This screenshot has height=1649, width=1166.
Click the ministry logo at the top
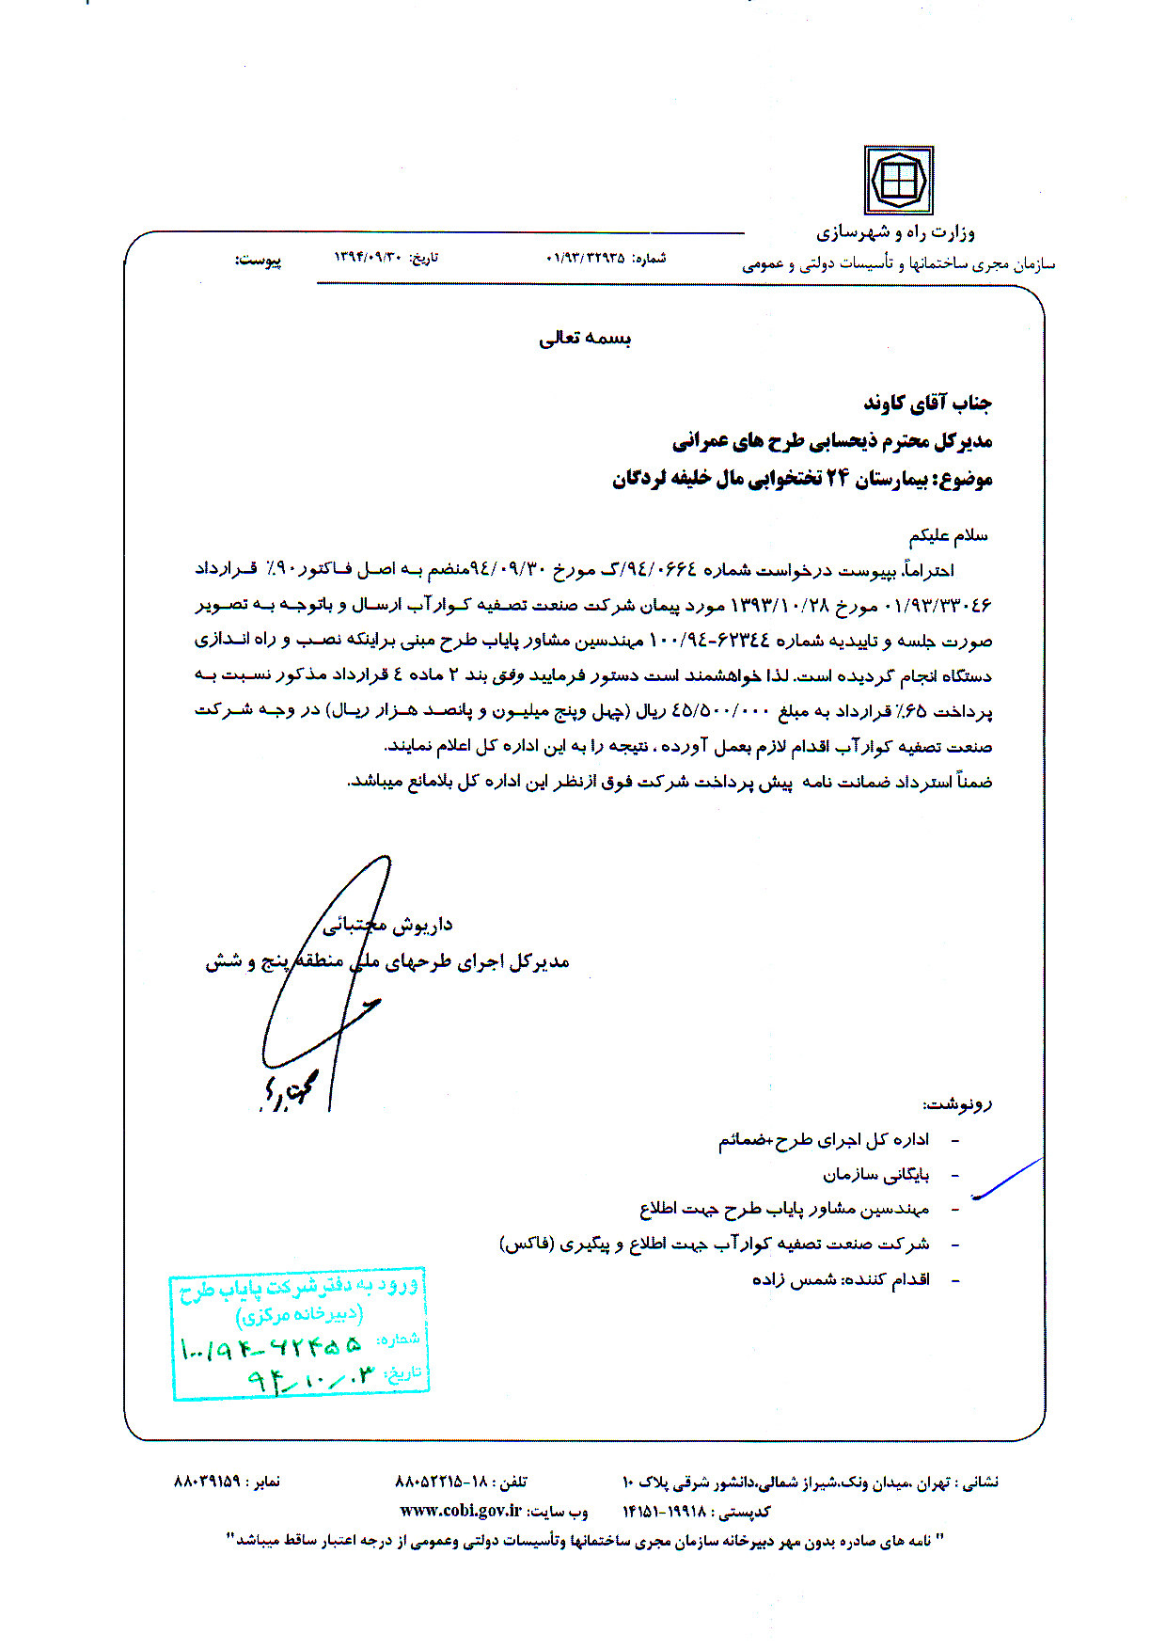click(898, 180)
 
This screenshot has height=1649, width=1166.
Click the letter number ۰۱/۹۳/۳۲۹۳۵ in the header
click(585, 258)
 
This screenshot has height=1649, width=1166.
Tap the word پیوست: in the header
click(258, 260)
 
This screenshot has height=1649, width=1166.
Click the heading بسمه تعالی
click(584, 339)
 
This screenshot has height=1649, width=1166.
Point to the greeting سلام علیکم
click(948, 536)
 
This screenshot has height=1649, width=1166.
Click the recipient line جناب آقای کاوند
click(927, 404)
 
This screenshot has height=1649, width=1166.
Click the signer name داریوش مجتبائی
click(387, 926)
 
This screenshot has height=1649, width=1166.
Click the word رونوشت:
click(957, 1103)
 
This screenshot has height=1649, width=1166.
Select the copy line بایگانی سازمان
click(875, 1175)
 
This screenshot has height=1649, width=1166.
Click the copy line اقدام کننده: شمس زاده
click(841, 1280)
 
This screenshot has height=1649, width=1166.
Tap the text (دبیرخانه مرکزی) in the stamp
click(299, 1314)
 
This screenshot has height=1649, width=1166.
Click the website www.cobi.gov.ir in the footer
click(460, 1511)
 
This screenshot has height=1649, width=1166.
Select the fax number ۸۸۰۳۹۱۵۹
click(207, 1482)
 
